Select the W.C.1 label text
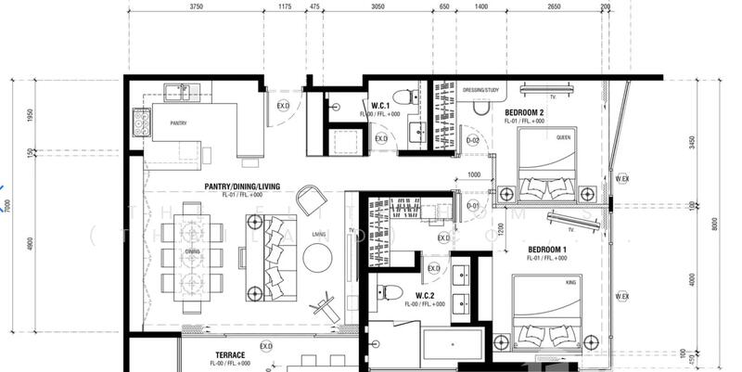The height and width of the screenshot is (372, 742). click(379, 107)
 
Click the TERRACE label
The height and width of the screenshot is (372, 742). click(230, 355)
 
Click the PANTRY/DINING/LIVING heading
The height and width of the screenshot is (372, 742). click(243, 186)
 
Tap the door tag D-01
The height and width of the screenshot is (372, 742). click(472, 205)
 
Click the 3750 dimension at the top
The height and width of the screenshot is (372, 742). click(196, 6)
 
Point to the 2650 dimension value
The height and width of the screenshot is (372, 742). click(553, 6)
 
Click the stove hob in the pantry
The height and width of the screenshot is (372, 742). click(141, 122)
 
